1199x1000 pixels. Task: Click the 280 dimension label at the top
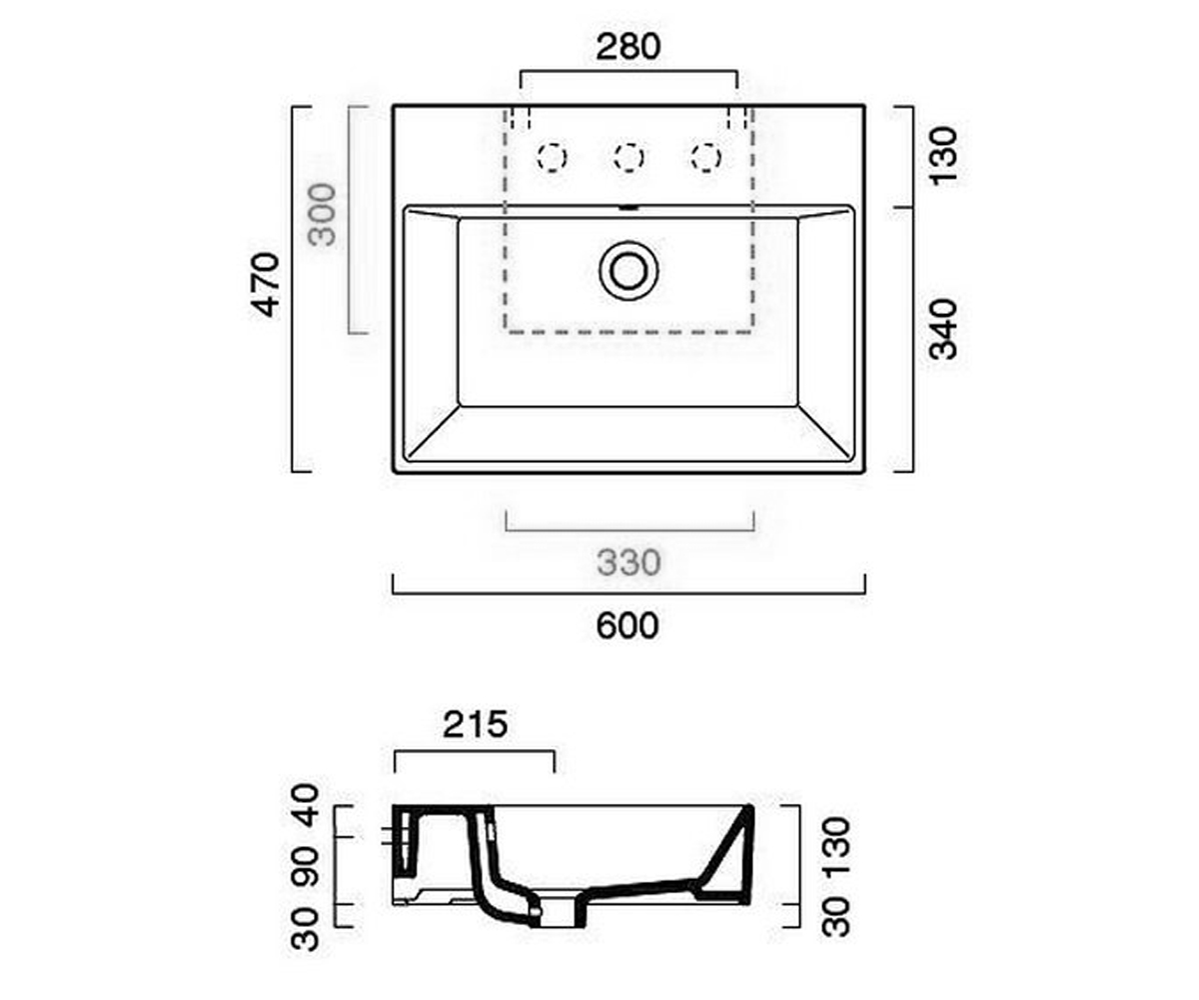point(628,47)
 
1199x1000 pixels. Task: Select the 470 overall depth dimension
point(267,285)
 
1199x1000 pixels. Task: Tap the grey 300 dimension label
point(322,215)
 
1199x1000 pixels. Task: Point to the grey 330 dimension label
point(628,563)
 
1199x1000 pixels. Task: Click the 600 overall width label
point(627,626)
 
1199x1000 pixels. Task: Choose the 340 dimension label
point(943,329)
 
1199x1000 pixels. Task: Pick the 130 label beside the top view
point(943,156)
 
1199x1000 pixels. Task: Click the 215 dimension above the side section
point(476,725)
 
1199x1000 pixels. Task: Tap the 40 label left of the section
point(305,805)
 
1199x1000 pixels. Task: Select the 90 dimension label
point(305,868)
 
